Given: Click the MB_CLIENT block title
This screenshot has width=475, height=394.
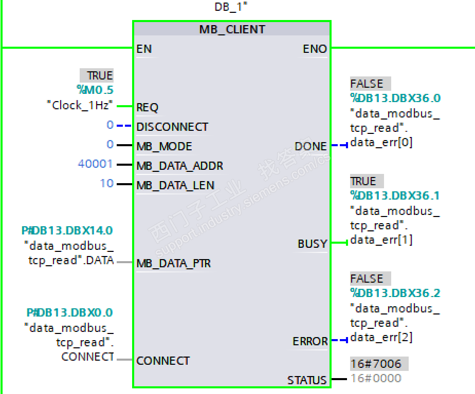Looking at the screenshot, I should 232,30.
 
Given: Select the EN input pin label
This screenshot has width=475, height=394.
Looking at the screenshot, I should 144,49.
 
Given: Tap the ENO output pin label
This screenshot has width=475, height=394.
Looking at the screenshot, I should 315,49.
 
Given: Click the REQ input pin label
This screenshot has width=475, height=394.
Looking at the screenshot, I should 148,108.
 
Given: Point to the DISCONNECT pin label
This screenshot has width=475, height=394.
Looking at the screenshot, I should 172,127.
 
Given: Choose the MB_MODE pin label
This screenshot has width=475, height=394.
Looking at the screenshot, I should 164,147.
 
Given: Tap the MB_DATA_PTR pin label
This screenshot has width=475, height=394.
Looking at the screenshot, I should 173,264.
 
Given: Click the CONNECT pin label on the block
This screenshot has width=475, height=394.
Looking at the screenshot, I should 163,361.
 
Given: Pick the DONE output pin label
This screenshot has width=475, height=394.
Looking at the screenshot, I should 310,147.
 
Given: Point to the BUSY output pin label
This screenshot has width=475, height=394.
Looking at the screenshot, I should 312,244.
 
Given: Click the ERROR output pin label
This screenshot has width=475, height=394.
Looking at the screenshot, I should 310,342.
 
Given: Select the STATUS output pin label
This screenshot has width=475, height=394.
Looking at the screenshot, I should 307,381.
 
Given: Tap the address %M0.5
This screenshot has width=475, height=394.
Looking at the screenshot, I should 95,90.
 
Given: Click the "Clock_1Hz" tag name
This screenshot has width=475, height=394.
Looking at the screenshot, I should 80,106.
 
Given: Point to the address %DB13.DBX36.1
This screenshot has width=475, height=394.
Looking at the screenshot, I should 395,196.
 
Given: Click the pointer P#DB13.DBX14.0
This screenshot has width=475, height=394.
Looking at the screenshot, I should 67,231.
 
